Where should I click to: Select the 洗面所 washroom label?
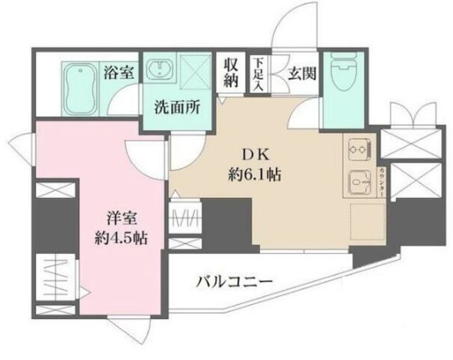177,110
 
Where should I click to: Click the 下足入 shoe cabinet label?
260,72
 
